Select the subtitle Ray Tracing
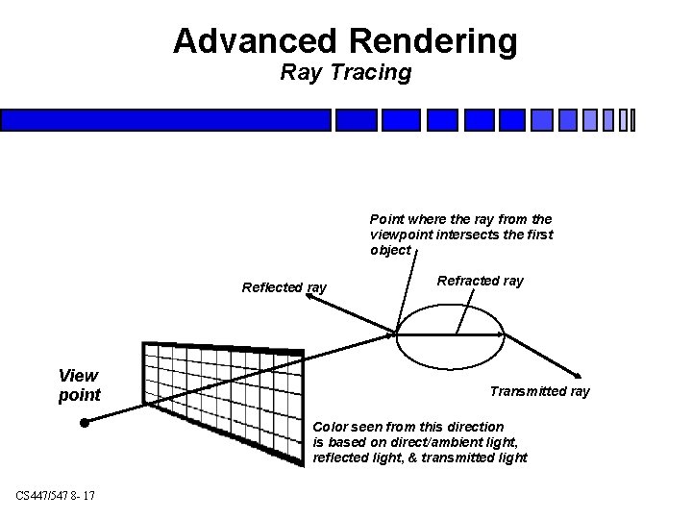(345, 72)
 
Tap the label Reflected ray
(284, 287)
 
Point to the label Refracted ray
(480, 281)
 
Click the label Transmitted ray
(539, 391)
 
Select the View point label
(80, 384)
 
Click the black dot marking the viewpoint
(85, 422)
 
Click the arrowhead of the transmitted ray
(577, 376)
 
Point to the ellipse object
(450, 336)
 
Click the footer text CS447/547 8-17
(55, 495)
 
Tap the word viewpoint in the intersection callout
(401, 235)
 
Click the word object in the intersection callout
(389, 250)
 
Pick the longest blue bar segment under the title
(165, 119)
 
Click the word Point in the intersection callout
(387, 219)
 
